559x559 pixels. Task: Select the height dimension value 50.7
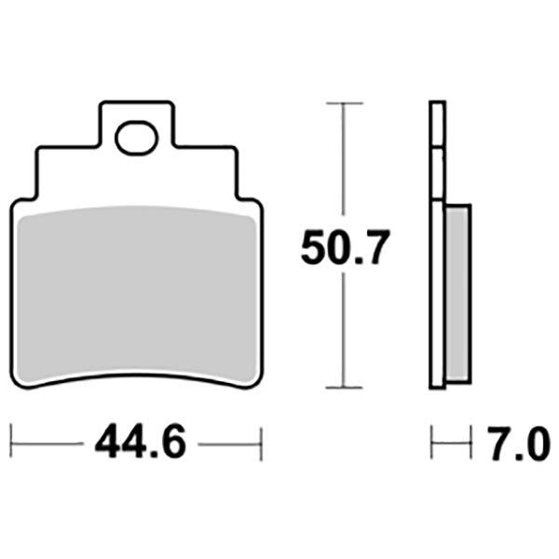344,247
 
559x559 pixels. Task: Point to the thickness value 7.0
517,443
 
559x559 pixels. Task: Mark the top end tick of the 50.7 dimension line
346,102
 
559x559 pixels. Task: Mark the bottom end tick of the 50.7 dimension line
346,388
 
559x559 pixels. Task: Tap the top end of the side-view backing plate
437,103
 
